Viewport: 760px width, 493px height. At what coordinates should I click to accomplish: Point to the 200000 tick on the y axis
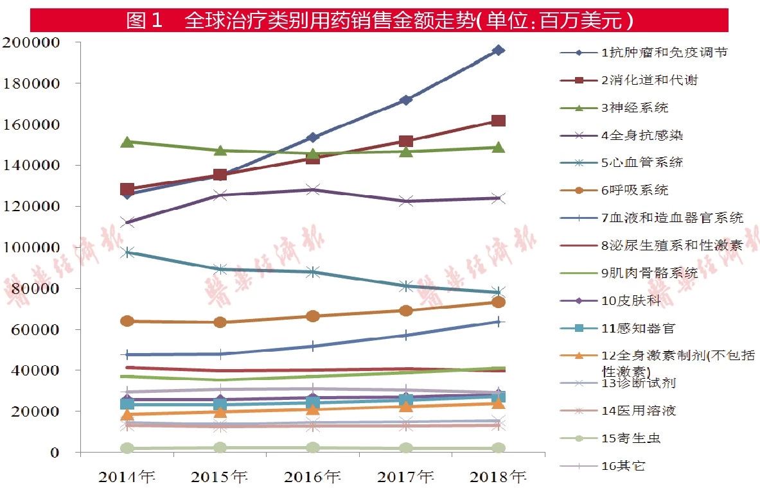point(40,42)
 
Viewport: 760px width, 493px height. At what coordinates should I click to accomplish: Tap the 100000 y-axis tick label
point(40,248)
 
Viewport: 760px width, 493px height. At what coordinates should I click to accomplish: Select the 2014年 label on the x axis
point(127,476)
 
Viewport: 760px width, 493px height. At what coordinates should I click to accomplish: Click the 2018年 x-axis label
point(498,476)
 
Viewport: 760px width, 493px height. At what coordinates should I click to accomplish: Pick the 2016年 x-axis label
point(313,476)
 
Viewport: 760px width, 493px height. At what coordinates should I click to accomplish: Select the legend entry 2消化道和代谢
point(649,80)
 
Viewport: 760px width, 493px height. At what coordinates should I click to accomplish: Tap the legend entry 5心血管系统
point(642,162)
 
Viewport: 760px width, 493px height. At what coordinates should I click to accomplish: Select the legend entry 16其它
point(623,466)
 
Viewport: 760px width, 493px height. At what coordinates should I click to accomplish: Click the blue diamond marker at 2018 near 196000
point(498,50)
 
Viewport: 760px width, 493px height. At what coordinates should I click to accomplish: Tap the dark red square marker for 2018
point(498,121)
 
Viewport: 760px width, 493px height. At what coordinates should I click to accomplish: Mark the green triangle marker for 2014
point(127,141)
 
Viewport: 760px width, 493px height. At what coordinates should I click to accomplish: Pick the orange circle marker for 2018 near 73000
point(498,302)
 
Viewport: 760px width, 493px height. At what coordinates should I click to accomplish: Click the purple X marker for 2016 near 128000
point(313,189)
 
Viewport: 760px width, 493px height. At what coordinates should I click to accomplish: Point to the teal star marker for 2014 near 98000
point(127,252)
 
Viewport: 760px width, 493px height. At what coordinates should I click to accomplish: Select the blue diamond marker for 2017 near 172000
point(405,100)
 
